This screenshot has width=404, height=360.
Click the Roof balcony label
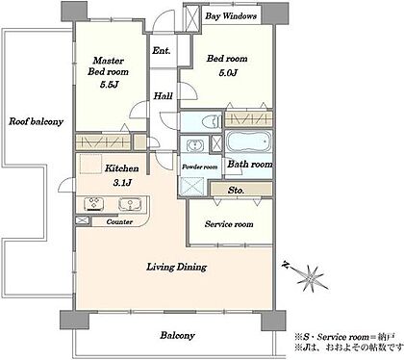[36, 121]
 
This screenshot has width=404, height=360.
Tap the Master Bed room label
[108, 66]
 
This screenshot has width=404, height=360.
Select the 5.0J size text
[228, 73]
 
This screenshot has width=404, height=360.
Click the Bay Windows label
[231, 16]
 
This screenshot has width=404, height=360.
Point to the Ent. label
[162, 50]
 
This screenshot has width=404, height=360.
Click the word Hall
[163, 95]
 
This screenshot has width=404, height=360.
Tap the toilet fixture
[211, 121]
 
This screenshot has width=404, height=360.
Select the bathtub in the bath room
[249, 142]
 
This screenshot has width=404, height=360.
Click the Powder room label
[200, 167]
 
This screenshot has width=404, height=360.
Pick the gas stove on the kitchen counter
[94, 204]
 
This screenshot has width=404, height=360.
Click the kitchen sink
[130, 204]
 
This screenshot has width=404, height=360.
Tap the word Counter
[119, 221]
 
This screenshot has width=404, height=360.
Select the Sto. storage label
[236, 190]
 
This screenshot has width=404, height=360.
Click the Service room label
[229, 224]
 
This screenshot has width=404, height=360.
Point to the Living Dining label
[177, 267]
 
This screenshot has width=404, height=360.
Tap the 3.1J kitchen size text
[122, 183]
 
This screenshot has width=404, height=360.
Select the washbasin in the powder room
[194, 145]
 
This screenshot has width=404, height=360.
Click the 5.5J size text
[110, 85]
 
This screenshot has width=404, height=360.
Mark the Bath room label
[250, 165]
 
